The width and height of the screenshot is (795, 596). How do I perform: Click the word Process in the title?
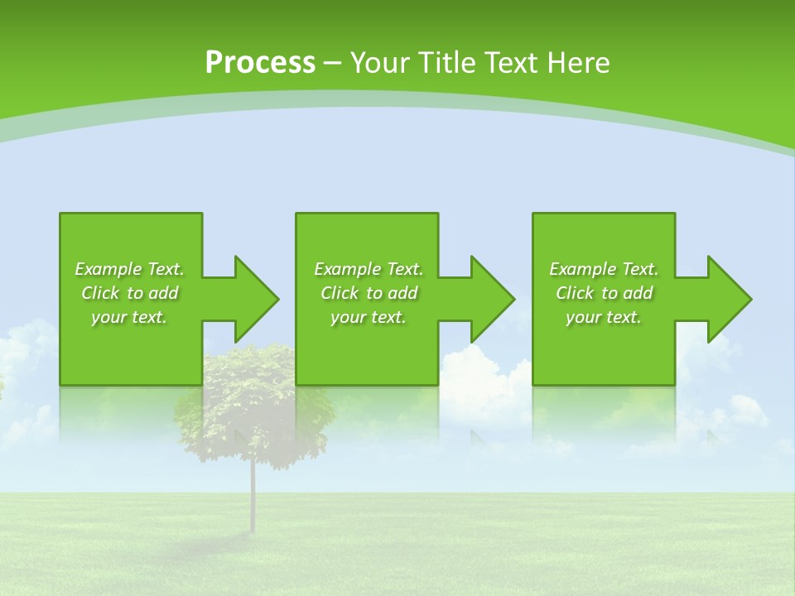tap(260, 63)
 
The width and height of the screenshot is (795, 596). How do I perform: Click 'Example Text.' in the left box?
tap(129, 269)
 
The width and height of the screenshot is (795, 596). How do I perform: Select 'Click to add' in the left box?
tap(129, 293)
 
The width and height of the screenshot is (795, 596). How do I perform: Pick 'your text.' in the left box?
tap(129, 317)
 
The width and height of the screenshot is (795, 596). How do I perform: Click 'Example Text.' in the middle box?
tap(368, 269)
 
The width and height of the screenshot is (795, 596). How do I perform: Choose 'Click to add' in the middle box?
tap(368, 293)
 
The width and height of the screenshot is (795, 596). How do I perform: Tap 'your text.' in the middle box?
tap(368, 317)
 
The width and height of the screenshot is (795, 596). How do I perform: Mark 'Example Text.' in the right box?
tap(604, 269)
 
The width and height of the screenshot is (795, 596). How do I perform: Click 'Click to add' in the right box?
tap(604, 293)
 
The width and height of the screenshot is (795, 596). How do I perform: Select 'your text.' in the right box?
tap(604, 317)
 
